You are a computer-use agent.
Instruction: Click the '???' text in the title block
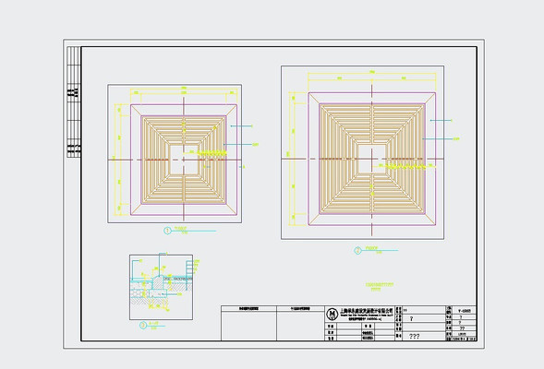pos(414,338)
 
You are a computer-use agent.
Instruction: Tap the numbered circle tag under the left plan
pos(166,229)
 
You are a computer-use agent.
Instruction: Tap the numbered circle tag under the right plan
pos(357,249)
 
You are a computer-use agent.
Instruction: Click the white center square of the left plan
pos(183,160)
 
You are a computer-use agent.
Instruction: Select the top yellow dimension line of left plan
pos(183,92)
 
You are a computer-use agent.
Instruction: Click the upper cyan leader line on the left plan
pos(242,125)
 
